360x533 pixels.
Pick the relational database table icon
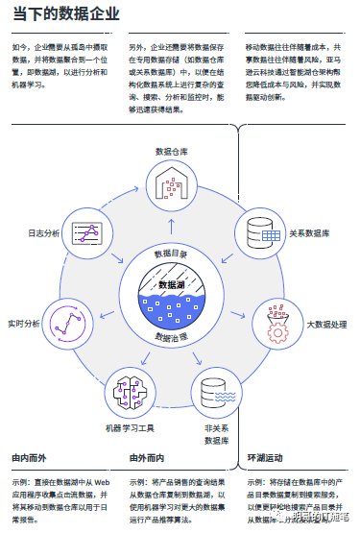(260, 233)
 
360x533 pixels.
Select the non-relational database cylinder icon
(214, 392)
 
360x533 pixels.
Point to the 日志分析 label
(43, 233)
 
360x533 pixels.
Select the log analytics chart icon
(88, 231)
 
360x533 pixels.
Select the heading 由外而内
(148, 457)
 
